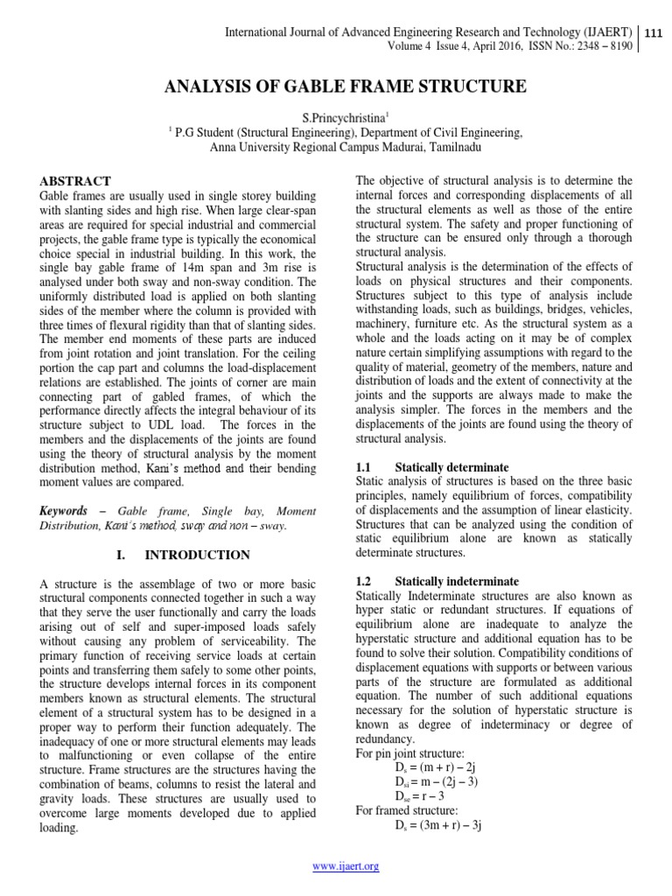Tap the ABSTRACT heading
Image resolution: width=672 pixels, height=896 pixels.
(76, 180)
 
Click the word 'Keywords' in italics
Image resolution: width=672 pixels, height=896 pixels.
(64, 510)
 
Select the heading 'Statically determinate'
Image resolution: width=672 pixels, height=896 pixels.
(451, 468)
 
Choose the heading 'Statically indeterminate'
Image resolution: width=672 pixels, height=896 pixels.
(457, 581)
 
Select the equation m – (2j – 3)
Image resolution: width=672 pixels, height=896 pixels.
(438, 781)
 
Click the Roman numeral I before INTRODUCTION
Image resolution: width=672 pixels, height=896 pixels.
(119, 555)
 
